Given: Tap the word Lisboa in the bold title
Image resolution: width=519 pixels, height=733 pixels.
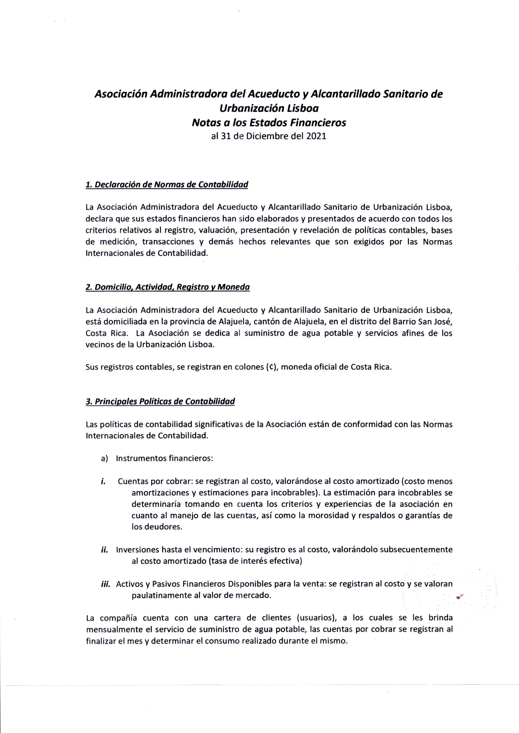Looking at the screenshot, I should click(x=302, y=109).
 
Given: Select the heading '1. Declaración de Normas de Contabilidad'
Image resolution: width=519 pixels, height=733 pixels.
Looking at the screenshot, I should click(x=167, y=185).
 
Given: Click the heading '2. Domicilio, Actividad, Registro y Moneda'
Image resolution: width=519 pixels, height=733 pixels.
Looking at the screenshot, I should click(x=168, y=287).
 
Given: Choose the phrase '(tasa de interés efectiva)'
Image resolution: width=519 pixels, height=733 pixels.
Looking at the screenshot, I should click(x=255, y=561).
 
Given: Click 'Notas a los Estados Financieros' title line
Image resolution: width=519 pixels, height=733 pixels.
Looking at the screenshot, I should click(x=269, y=123).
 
